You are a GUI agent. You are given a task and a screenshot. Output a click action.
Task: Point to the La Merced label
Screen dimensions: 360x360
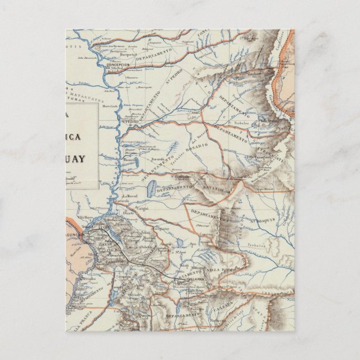(129, 196)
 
